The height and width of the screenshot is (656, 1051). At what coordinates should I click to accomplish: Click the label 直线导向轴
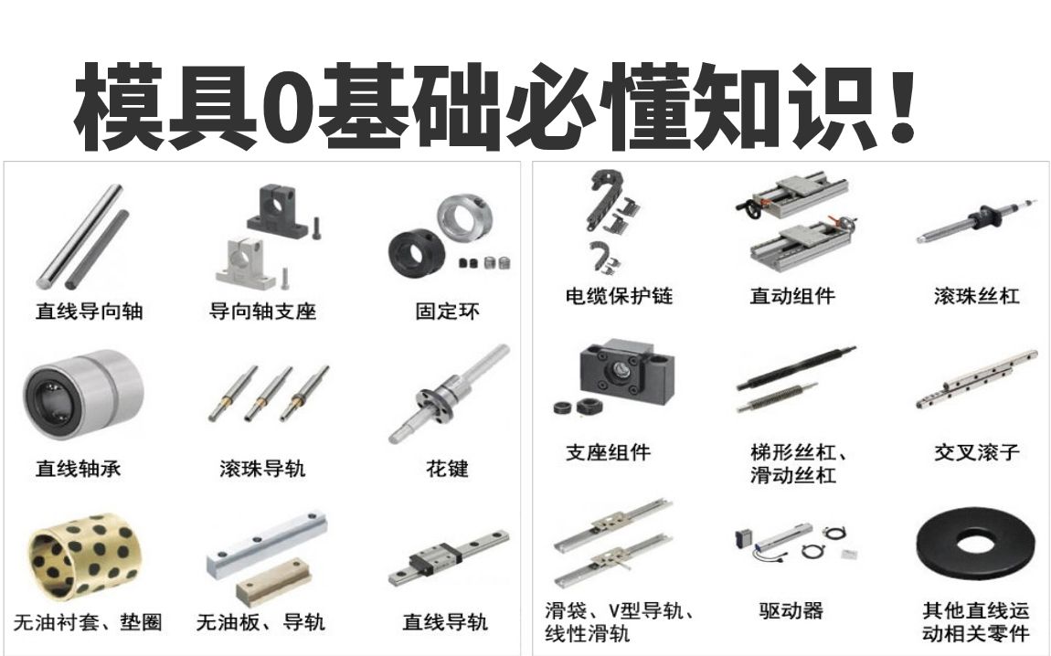[90, 311]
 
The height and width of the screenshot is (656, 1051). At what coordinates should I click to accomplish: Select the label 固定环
[447, 311]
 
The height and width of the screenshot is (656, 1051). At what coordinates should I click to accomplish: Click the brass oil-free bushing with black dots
[83, 555]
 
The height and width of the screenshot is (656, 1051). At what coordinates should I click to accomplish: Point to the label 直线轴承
[79, 469]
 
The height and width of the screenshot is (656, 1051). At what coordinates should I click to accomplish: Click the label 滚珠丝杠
[977, 296]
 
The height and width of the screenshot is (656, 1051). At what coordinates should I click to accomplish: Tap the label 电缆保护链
[619, 296]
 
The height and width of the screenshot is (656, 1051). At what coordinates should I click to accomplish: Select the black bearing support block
[627, 372]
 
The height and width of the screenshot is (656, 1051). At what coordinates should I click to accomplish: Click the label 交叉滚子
[977, 452]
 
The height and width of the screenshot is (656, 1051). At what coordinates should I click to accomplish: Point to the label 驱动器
[791, 610]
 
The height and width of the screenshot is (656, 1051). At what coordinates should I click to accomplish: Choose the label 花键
[447, 469]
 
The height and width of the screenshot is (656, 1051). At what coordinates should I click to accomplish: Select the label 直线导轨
[445, 622]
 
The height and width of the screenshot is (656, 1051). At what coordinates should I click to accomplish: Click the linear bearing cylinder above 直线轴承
[83, 396]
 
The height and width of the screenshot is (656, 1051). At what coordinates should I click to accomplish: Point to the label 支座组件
[608, 452]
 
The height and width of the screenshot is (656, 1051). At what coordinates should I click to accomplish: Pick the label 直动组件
[792, 296]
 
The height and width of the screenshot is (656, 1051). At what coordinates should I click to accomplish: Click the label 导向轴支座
[262, 311]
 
